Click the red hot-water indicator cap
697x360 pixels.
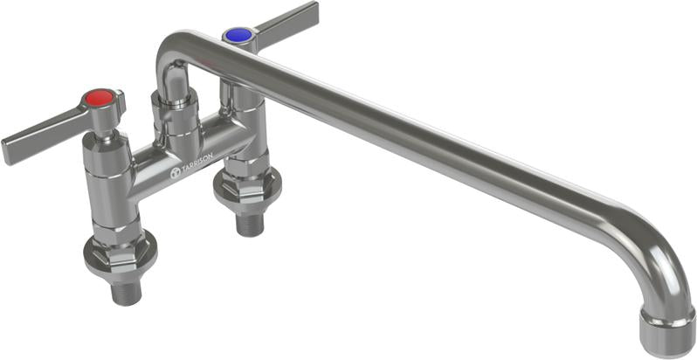tap(102, 96)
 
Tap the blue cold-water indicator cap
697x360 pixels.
tap(237, 35)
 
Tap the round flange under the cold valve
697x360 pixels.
tap(247, 188)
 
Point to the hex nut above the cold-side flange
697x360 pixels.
tap(247, 175)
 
